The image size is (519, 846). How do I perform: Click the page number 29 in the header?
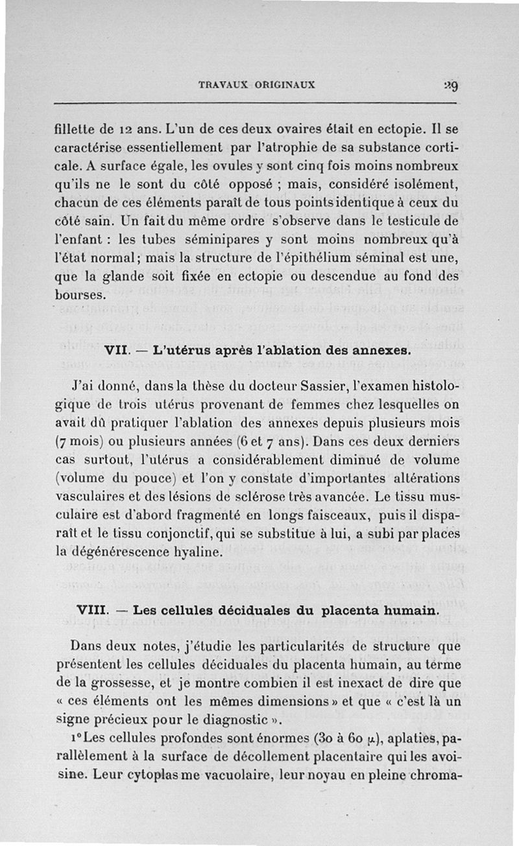(x=452, y=86)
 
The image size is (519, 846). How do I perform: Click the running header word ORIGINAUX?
(x=285, y=84)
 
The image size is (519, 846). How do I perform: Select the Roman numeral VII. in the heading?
(x=115, y=352)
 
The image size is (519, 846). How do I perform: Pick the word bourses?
(x=79, y=294)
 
